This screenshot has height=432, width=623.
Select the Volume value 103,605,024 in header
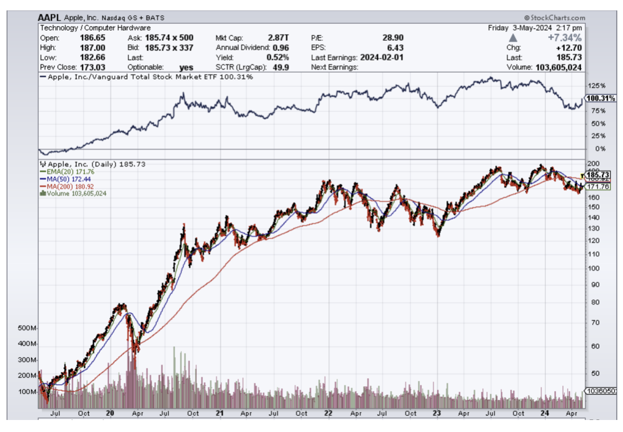click(x=558, y=67)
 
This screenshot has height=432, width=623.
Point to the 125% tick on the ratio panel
click(x=596, y=85)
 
